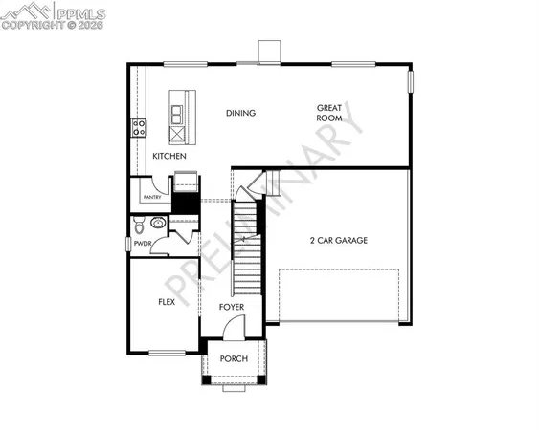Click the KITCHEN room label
tap(168, 156)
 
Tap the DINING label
tap(240, 113)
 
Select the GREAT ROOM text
tap(330, 113)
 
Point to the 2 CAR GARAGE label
tap(339, 241)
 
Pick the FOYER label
tap(232, 307)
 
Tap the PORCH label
tap(234, 358)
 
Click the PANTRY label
tap(151, 198)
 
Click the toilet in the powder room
tap(140, 226)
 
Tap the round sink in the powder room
tap(158, 223)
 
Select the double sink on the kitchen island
tap(178, 116)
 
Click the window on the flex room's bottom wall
tap(167, 353)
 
